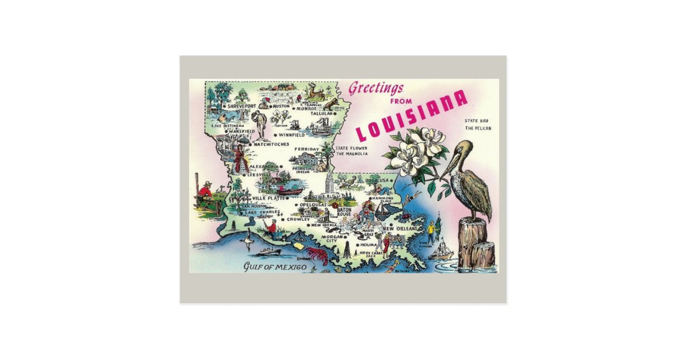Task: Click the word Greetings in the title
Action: pyautogui.click(x=376, y=89)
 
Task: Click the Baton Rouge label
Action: pyautogui.click(x=344, y=212)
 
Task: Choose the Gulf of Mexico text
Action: pyautogui.click(x=275, y=267)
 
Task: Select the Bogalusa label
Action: pyautogui.click(x=377, y=181)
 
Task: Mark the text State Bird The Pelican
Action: pyautogui.click(x=477, y=125)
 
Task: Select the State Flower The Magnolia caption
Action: pyautogui.click(x=352, y=151)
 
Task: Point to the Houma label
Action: pyautogui.click(x=368, y=245)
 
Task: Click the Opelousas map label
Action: pyautogui.click(x=313, y=204)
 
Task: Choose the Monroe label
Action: pyautogui.click(x=306, y=108)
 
